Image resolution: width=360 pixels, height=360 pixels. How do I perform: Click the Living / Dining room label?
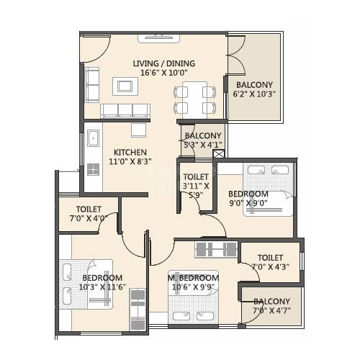[x=164, y=63]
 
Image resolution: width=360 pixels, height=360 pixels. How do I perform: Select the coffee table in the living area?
[x=122, y=86]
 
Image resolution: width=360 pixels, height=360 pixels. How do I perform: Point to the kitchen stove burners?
[x=93, y=171]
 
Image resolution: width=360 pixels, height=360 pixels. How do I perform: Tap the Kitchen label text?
[x=130, y=153]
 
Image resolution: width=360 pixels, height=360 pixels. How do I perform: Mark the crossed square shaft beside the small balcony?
[x=219, y=153]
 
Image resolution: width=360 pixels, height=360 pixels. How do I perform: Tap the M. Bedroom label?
[x=193, y=278]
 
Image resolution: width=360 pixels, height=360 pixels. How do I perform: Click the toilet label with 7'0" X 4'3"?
[x=269, y=262]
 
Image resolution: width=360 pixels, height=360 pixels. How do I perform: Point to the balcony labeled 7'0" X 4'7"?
[x=271, y=306]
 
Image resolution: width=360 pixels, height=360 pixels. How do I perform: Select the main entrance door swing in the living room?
[x=94, y=49]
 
